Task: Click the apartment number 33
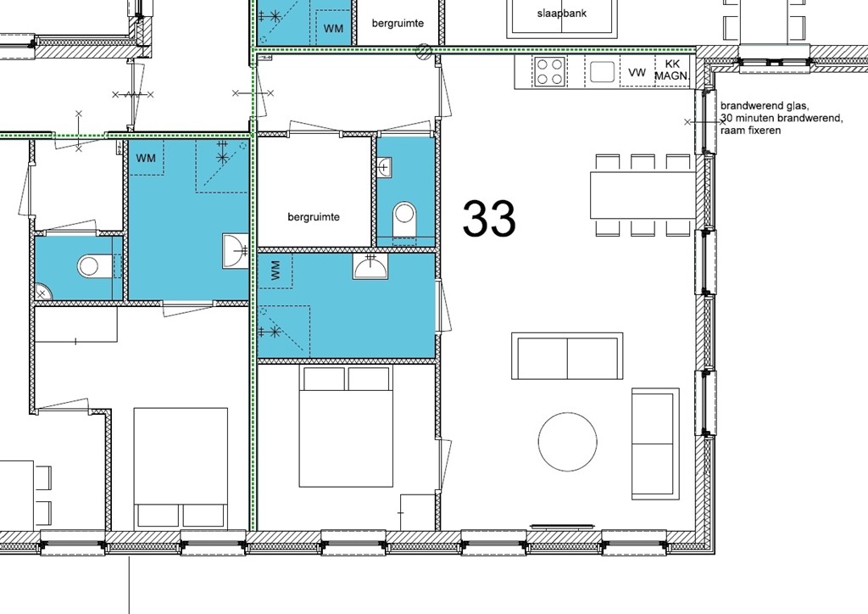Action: pyautogui.click(x=489, y=219)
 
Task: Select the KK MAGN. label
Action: pyautogui.click(x=673, y=70)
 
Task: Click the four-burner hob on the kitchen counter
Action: pyautogui.click(x=549, y=71)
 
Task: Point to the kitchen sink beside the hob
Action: pyautogui.click(x=603, y=72)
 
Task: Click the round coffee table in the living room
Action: pyautogui.click(x=568, y=441)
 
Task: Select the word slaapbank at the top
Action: pyautogui.click(x=562, y=14)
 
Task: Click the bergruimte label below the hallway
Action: pyautogui.click(x=314, y=217)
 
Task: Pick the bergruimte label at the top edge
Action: pyautogui.click(x=397, y=24)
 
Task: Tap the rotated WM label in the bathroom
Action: pyautogui.click(x=275, y=271)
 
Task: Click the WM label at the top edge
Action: pyautogui.click(x=334, y=29)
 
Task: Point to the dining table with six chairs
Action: pyautogui.click(x=643, y=195)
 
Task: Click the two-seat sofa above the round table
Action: pyautogui.click(x=566, y=357)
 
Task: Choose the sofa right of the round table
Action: pyautogui.click(x=655, y=444)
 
